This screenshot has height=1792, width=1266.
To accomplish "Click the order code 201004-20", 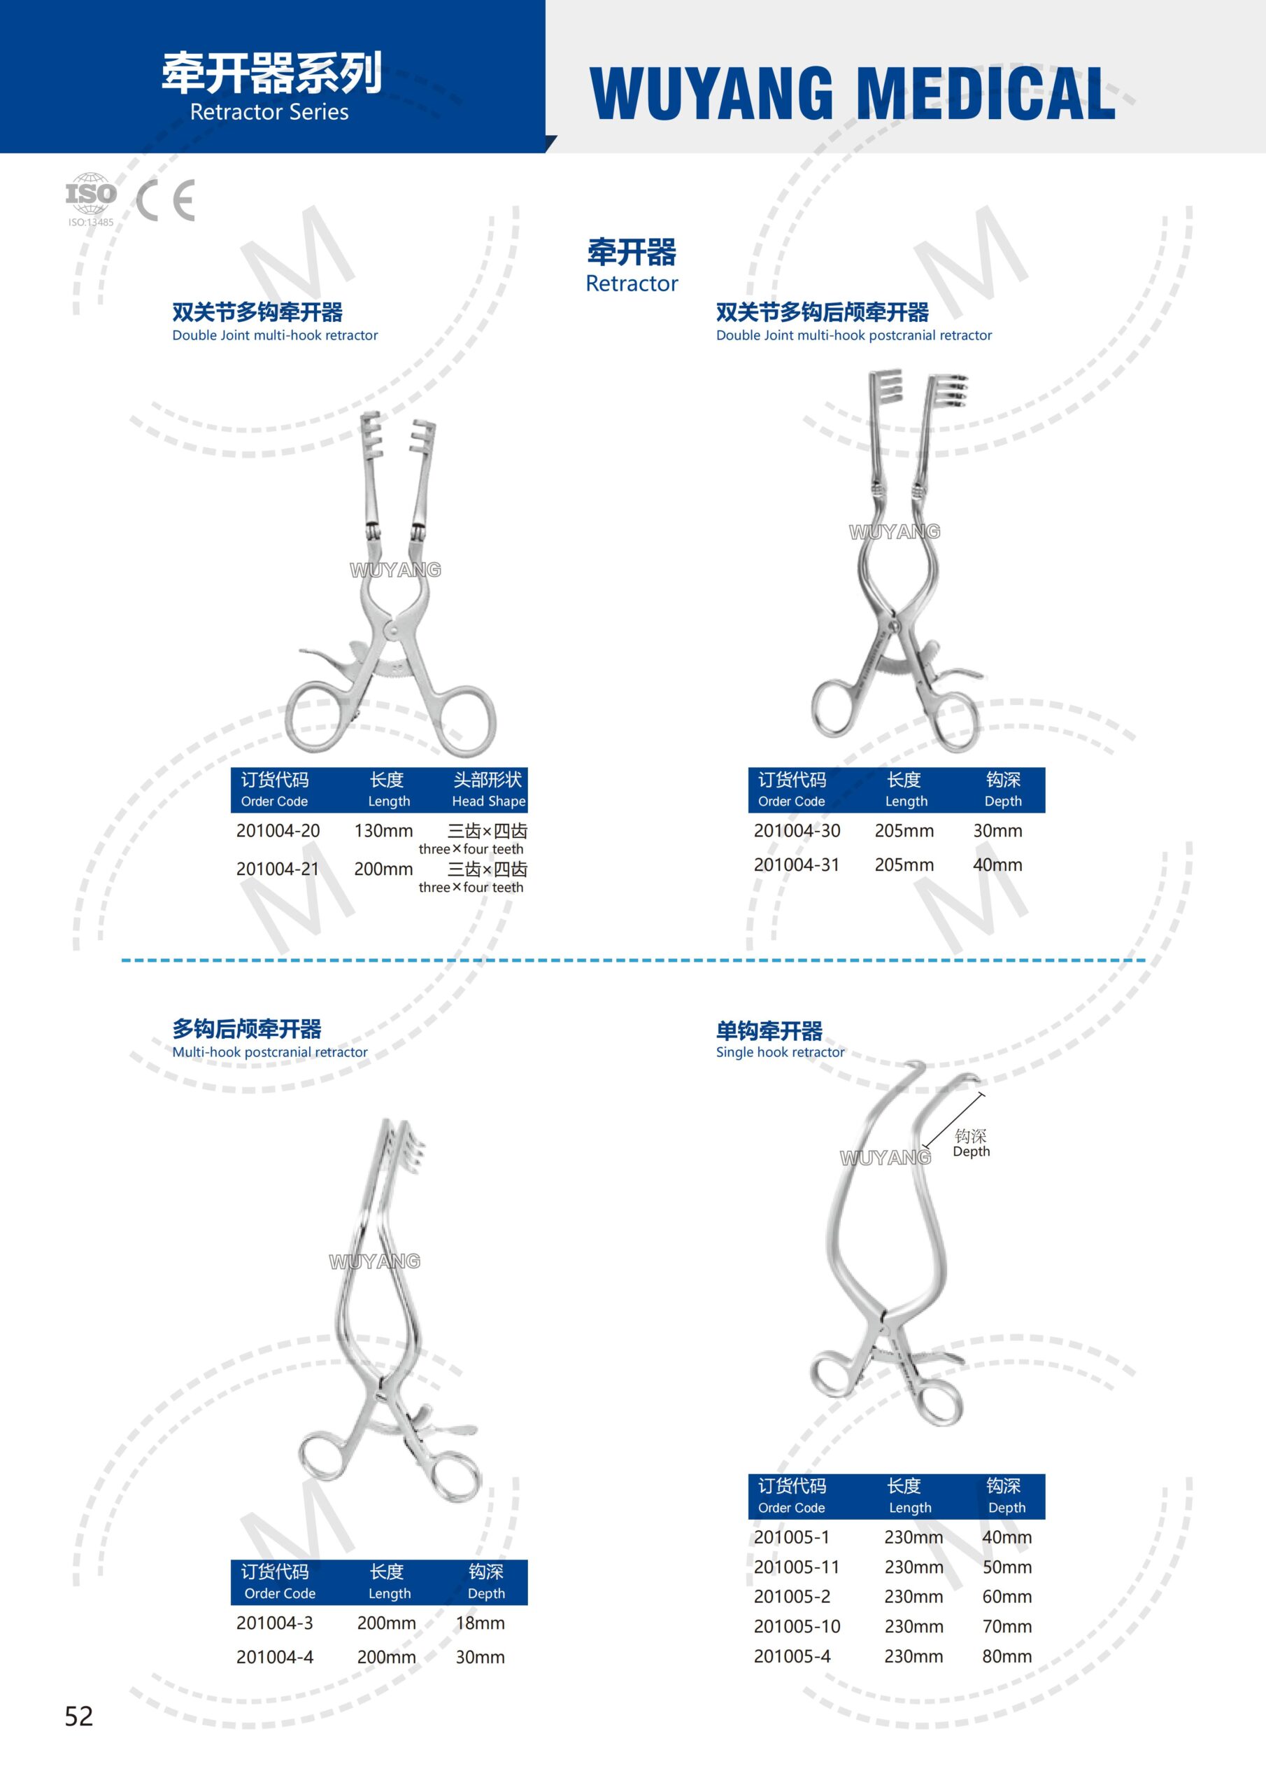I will point(278,830).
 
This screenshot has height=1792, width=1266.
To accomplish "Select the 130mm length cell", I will point(383,830).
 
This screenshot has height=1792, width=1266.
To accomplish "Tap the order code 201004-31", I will point(797,864).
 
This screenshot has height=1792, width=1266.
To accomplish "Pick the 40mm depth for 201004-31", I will point(997,864).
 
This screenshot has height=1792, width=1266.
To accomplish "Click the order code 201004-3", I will point(275,1623).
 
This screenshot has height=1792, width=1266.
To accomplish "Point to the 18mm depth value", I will point(480,1623).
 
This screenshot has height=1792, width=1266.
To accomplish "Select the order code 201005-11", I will point(797,1567).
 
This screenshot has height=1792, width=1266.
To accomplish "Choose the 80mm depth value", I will point(1007,1655).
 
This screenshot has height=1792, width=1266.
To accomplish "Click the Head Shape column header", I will point(488,790).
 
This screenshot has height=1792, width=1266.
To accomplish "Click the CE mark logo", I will point(165,201).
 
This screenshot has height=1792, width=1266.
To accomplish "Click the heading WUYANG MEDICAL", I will point(852,94).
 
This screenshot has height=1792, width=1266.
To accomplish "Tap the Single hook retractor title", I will point(779,1051).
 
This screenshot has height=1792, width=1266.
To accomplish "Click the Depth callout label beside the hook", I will point(971,1143).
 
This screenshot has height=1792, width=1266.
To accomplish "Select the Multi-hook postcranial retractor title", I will point(269,1051).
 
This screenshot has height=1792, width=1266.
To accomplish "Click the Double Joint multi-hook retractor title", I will point(275,335).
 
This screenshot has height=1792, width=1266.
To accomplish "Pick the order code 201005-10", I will point(797,1626).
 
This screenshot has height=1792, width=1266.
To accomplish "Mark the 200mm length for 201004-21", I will point(383,869).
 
